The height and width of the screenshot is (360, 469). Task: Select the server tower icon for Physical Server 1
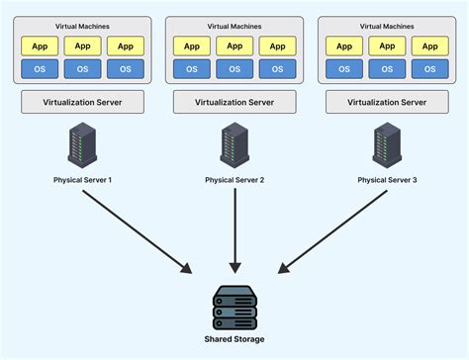(82, 146)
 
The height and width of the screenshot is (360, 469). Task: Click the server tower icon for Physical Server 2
(234, 146)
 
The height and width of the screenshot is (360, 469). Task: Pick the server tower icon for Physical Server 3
(386, 146)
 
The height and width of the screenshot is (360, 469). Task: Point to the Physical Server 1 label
(83, 179)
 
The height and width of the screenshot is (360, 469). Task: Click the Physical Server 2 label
(234, 179)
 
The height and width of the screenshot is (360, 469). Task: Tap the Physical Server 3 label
(386, 179)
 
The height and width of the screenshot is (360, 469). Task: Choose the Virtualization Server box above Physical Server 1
(83, 102)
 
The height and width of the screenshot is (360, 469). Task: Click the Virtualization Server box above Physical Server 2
(234, 102)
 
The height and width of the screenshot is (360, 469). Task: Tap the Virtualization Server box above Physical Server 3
(386, 102)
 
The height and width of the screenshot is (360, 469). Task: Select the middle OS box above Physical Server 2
(234, 68)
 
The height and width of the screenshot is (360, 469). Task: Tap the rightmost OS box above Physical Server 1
(125, 68)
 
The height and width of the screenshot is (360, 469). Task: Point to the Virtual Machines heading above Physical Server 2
(234, 26)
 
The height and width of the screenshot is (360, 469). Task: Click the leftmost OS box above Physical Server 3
(344, 68)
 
